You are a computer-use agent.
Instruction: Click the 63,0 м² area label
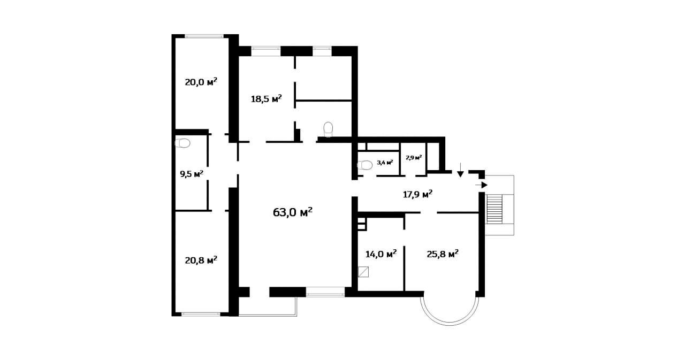(293, 212)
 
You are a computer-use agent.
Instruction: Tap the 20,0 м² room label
(201, 82)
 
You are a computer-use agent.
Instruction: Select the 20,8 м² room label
(201, 260)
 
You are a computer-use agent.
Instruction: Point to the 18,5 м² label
(267, 99)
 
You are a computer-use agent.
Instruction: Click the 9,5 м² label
(192, 174)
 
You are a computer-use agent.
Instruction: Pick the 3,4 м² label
(385, 163)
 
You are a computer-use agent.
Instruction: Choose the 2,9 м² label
(414, 158)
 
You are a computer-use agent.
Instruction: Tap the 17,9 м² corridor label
(418, 194)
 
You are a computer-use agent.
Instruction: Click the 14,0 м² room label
(382, 254)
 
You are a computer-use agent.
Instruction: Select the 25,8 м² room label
(443, 254)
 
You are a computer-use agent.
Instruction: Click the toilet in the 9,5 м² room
(182, 143)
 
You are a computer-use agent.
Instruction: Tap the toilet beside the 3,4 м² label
(365, 165)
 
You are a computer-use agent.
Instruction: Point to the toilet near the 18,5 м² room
(328, 129)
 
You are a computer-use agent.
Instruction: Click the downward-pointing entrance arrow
(460, 170)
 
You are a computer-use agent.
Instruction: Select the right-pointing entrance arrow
(481, 185)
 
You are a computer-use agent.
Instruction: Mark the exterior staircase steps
(494, 209)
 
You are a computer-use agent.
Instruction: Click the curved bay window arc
(450, 325)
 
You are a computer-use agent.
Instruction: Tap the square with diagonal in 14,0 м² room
(363, 272)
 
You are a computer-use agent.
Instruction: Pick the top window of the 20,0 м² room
(204, 36)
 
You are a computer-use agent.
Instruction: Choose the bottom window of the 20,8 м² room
(201, 314)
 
